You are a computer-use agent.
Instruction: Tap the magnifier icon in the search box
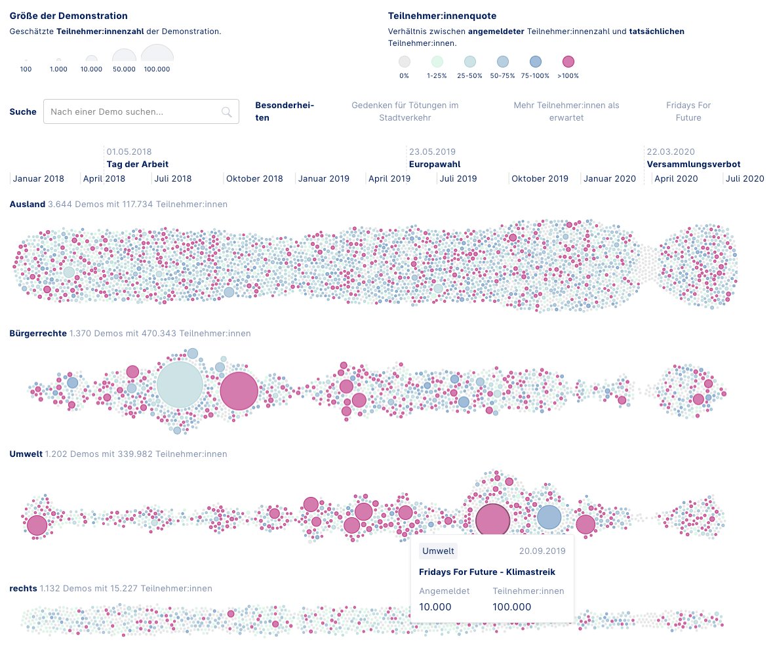pos(227,112)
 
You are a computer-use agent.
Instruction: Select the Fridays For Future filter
pos(688,111)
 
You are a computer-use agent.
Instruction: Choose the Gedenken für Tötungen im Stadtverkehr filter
pos(405,111)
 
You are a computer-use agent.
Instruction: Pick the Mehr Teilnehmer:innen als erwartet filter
pos(566,111)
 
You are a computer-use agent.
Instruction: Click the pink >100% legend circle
pos(568,62)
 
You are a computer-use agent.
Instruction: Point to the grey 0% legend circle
pos(404,62)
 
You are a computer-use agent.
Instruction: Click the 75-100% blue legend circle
pos(535,62)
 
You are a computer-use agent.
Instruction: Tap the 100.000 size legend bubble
pos(157,55)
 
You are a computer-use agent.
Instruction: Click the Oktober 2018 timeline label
pos(254,179)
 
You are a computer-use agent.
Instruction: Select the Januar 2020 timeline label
pos(609,179)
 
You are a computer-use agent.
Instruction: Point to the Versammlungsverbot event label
pos(693,165)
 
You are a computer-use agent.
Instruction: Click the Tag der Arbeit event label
pos(137,165)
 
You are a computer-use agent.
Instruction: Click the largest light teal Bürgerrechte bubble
pos(180,386)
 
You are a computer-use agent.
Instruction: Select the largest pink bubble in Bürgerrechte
pos(239,391)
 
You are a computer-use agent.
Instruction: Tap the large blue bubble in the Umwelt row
pos(549,517)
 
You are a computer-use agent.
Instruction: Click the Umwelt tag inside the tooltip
pos(438,551)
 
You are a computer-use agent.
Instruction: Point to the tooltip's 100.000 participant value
pos(511,607)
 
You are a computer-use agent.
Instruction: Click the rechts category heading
pos(23,589)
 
